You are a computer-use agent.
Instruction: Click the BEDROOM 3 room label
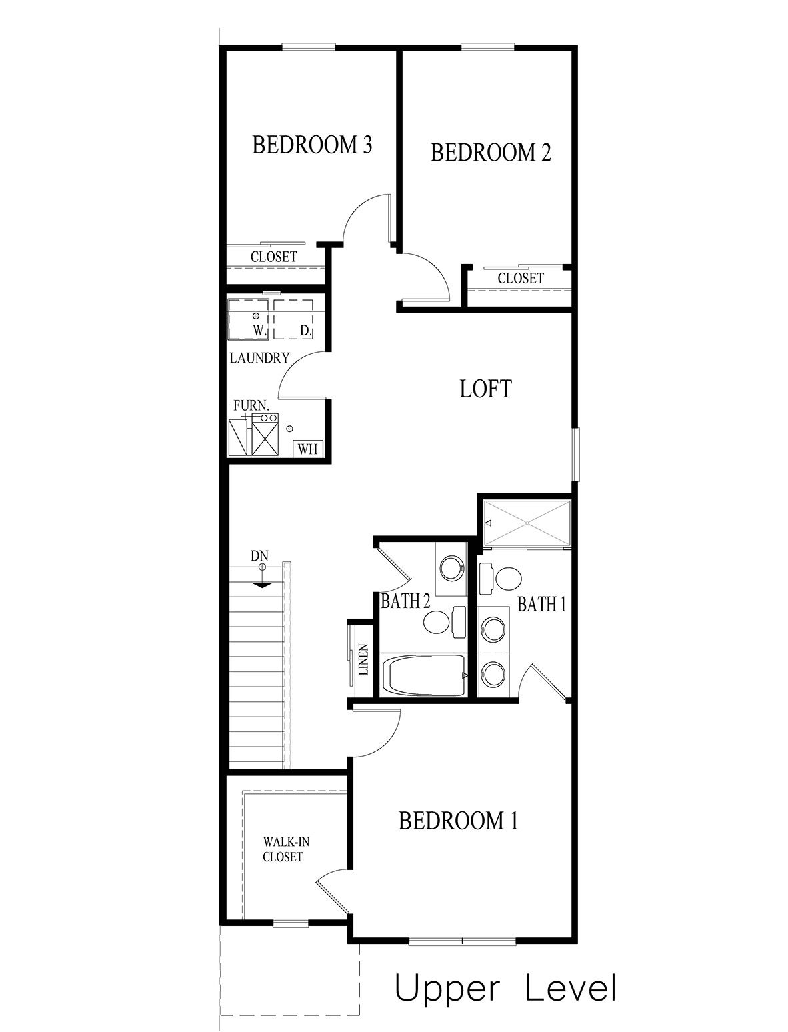click(x=311, y=145)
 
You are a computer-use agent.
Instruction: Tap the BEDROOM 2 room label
click(x=491, y=153)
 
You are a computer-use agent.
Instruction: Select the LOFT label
click(x=485, y=389)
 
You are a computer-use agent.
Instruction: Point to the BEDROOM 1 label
click(x=457, y=821)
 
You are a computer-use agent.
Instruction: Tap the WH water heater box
click(x=307, y=449)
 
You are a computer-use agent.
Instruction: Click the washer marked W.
click(x=248, y=319)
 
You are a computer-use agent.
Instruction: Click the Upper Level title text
click(x=505, y=989)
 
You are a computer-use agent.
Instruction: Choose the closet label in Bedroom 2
click(x=520, y=278)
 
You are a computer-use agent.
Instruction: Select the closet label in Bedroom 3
click(x=273, y=257)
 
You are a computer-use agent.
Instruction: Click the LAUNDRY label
click(x=259, y=358)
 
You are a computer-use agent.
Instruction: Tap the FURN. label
click(x=251, y=405)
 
